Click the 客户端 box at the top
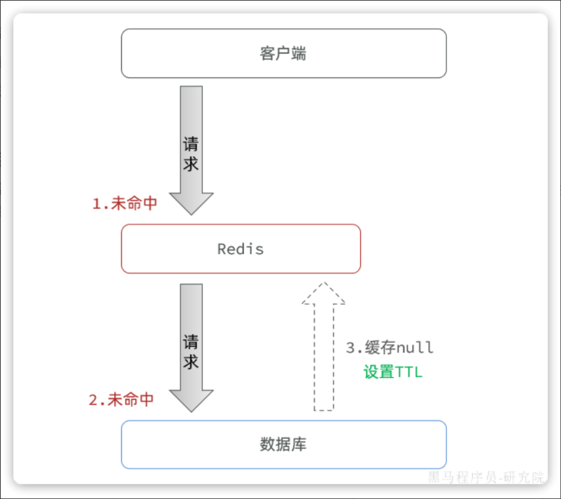[374, 53]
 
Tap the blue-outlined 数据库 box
[374, 445]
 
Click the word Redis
[240, 249]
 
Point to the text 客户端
[283, 53]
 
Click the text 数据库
[283, 445]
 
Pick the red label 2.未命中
[121, 400]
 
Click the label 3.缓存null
[389, 347]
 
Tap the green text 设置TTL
[393, 372]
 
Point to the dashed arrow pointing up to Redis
[323, 362]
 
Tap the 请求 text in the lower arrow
[191, 352]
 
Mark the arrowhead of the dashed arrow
[323, 294]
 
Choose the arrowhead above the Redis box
[191, 203]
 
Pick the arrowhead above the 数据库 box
[191, 400]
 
